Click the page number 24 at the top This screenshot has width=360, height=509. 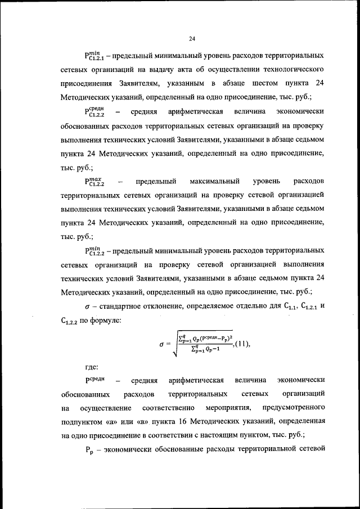[191, 39]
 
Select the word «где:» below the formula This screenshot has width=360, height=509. [93, 367]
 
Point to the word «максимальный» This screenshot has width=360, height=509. [217, 182]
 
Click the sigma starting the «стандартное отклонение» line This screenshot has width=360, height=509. [88, 308]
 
